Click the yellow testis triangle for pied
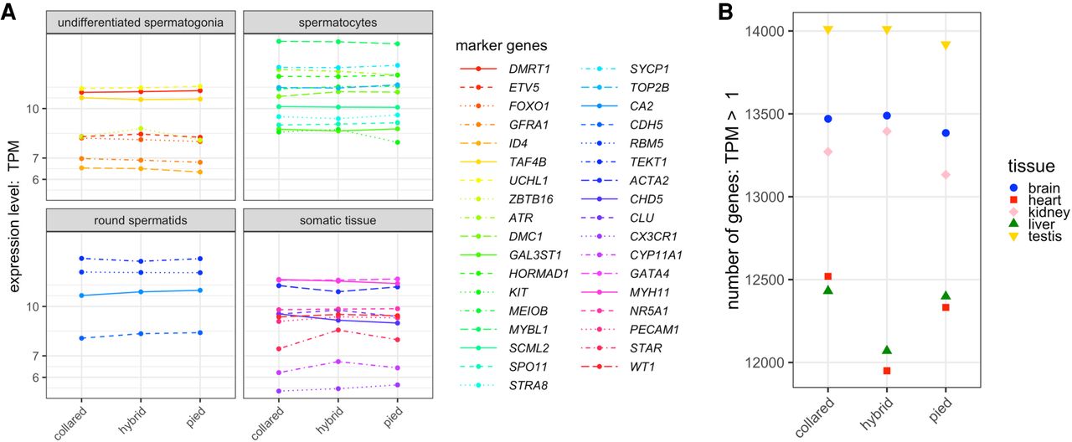pyautogui.click(x=945, y=45)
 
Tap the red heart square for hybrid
pyautogui.click(x=887, y=371)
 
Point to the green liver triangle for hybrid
pyautogui.click(x=887, y=350)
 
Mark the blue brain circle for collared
pyautogui.click(x=827, y=119)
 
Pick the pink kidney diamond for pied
pyautogui.click(x=945, y=174)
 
